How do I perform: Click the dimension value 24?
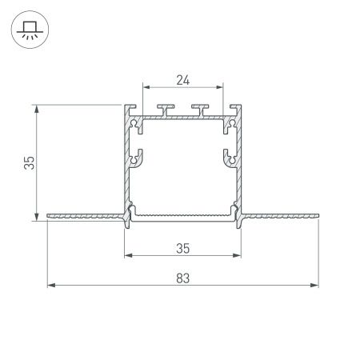tap(183, 79)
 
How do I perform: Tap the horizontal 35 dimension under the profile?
tap(183, 248)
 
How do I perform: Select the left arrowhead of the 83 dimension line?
tap(50, 285)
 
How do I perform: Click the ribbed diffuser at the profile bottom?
tap(183, 214)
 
